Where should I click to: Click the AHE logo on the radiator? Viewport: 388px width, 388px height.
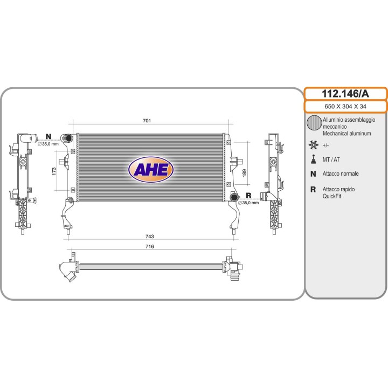coord(151,170)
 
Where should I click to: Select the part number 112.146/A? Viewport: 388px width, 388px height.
coord(345,94)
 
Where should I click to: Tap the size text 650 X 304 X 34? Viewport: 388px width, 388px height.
coord(345,106)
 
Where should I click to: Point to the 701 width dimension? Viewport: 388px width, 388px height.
coord(147,121)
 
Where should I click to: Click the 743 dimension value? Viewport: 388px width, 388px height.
coord(149,237)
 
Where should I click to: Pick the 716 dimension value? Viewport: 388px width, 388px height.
coord(149,246)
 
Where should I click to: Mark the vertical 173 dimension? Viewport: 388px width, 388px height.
coord(54,171)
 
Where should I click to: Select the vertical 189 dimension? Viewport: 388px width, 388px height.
coord(245,173)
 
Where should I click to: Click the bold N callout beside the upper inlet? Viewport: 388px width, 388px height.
coord(48,136)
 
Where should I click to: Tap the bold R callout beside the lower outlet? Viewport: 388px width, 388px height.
coord(248,196)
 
